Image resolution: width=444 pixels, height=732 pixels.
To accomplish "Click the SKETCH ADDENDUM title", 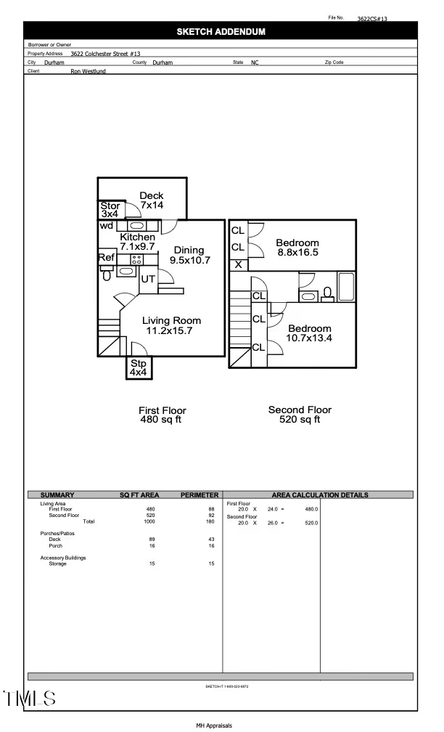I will click(x=221, y=32).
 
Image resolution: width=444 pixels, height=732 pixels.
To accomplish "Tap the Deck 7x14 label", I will click(x=152, y=201).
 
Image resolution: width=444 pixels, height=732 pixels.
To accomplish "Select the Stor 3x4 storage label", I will click(x=110, y=210).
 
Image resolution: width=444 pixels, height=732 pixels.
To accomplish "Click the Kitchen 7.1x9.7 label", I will click(x=137, y=242).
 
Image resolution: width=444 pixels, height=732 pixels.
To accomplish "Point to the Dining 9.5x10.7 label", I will click(x=189, y=255).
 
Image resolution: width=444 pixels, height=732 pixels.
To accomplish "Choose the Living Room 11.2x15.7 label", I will click(x=171, y=325).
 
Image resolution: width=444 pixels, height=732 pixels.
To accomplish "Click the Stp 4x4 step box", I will click(x=138, y=367).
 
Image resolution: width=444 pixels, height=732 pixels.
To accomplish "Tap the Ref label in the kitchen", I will click(x=106, y=257).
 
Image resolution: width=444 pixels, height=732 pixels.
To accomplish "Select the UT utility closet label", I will click(x=148, y=279).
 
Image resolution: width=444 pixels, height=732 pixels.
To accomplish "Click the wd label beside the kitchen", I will click(x=107, y=225).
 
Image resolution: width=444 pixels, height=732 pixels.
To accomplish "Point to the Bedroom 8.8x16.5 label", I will click(x=297, y=248).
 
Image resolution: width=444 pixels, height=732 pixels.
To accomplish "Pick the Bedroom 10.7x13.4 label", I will click(x=309, y=333).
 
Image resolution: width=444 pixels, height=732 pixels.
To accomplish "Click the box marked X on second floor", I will click(x=238, y=264).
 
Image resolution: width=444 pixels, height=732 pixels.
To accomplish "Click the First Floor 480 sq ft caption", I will click(x=163, y=415).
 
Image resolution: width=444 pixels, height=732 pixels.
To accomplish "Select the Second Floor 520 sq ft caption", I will click(x=300, y=415).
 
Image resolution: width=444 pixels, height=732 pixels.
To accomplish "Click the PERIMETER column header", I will click(x=199, y=495).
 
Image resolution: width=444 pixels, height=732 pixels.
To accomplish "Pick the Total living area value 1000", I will click(x=150, y=521).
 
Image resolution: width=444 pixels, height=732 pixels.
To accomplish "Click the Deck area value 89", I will click(x=150, y=540).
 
